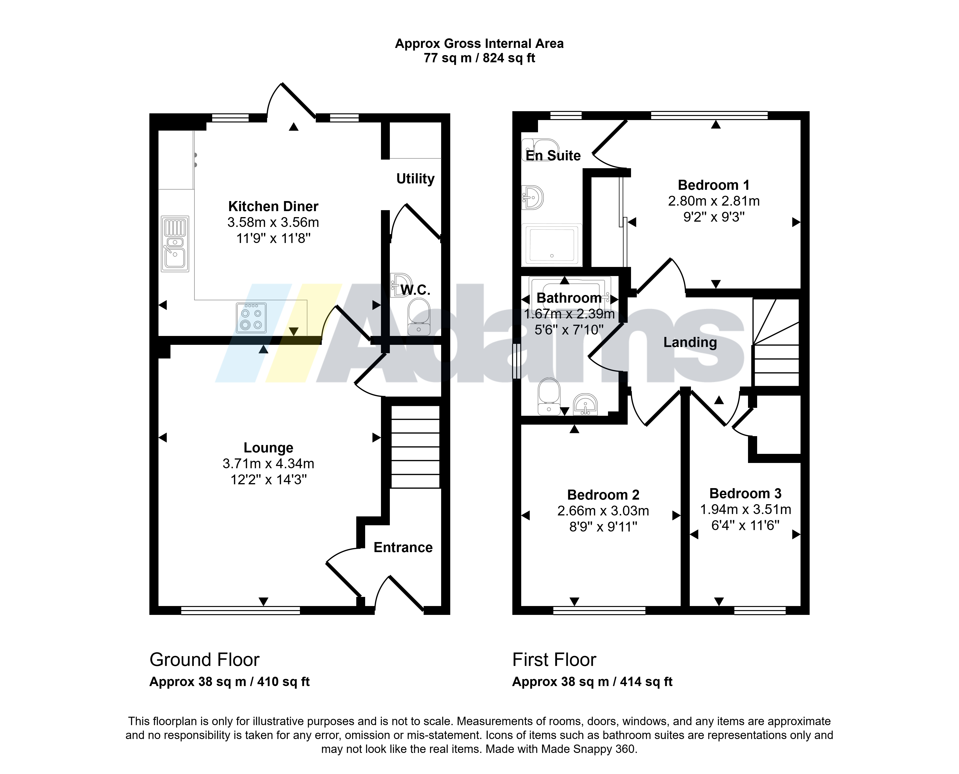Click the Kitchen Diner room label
pyautogui.click(x=273, y=206)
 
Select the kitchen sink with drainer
pyautogui.click(x=175, y=244)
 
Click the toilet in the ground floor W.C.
pyautogui.click(x=419, y=317)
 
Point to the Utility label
pyautogui.click(x=415, y=179)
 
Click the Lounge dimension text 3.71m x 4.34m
pyautogui.click(x=269, y=464)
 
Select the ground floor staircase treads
pyautogui.click(x=415, y=447)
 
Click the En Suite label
pyautogui.click(x=553, y=156)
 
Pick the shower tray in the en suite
pyautogui.click(x=552, y=244)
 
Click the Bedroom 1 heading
pyautogui.click(x=714, y=185)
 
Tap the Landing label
pyautogui.click(x=690, y=342)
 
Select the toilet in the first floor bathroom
pyautogui.click(x=549, y=396)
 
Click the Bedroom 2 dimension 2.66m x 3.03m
pyautogui.click(x=603, y=511)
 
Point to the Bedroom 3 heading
pyautogui.click(x=745, y=494)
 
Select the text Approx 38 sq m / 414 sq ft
pyautogui.click(x=592, y=682)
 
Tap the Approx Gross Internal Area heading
pyautogui.click(x=479, y=44)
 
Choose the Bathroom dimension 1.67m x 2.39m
pyautogui.click(x=569, y=314)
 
